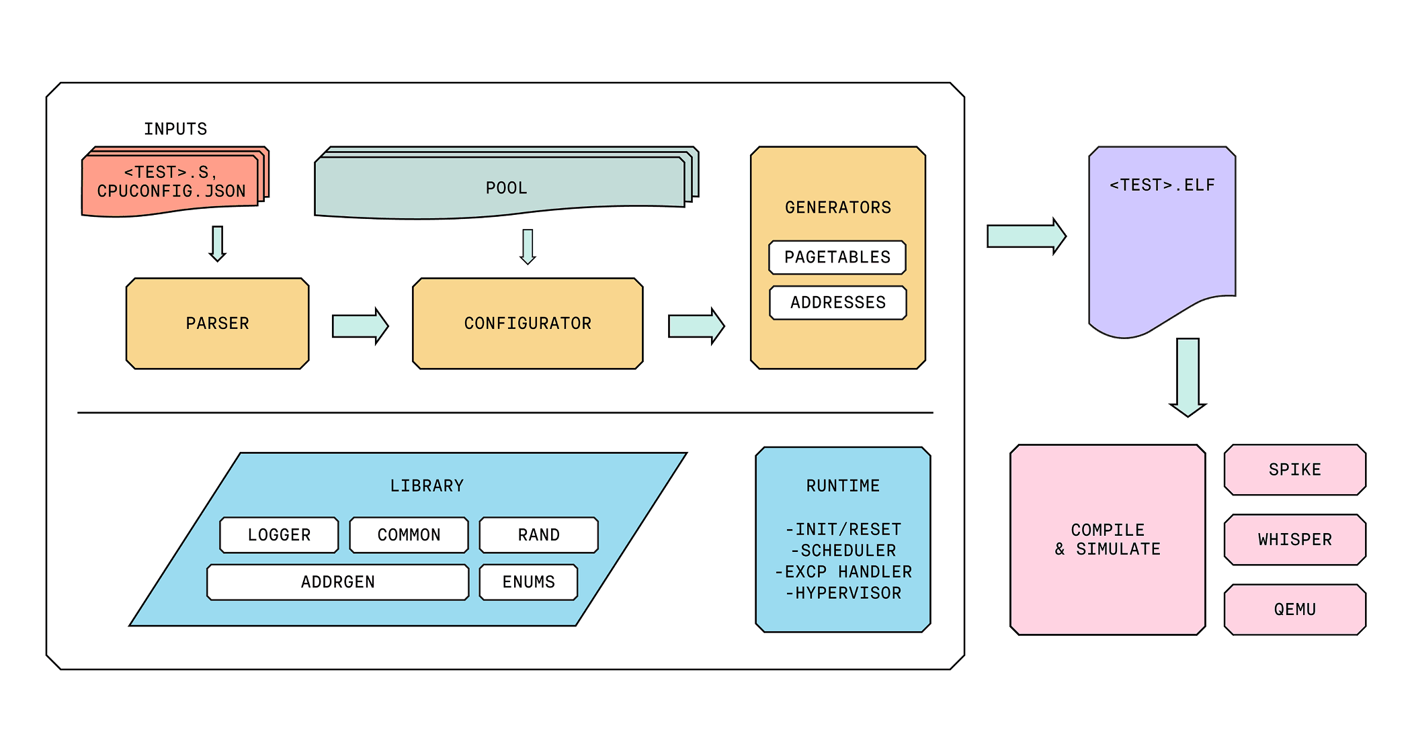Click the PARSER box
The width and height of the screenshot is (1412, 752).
coord(217,324)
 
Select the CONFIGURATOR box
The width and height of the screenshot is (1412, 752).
coord(528,324)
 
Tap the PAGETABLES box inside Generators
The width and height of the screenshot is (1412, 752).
coord(837,257)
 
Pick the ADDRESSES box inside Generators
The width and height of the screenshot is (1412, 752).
coord(838,303)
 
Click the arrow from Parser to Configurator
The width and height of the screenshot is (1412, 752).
coord(360,326)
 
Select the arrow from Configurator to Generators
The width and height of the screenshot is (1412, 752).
coord(696,326)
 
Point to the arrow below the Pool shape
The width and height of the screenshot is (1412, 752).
coord(528,246)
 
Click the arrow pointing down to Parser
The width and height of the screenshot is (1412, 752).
coord(217,243)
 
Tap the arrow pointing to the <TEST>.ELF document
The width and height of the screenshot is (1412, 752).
coord(1026,236)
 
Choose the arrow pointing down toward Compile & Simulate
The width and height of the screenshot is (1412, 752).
coord(1188,377)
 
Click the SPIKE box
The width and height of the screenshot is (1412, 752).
coord(1294,470)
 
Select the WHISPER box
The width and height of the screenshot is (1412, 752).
coord(1294,540)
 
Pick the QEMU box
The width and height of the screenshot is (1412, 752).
coord(1294,610)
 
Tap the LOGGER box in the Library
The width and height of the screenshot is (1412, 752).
coord(279,535)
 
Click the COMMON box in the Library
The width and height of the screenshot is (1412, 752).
coord(409,535)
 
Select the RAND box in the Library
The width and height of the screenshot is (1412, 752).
coord(538,535)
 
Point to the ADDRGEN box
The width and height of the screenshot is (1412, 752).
coord(337,582)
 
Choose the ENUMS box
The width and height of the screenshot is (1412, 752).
coord(528,582)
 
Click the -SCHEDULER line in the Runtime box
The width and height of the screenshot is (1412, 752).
coord(843,551)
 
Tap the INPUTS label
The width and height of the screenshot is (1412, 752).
coord(175,129)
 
